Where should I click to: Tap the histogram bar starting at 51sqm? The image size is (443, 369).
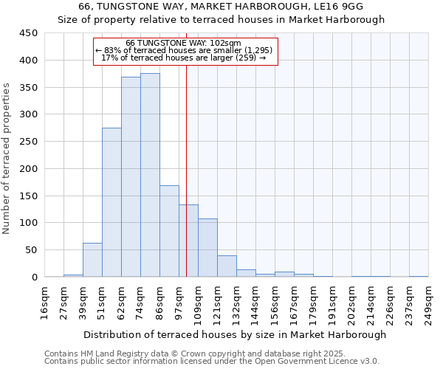point(111,202)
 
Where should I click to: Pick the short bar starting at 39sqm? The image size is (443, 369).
point(92,260)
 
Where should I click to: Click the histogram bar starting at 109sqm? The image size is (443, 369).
point(207,248)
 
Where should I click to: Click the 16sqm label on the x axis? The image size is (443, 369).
point(44,303)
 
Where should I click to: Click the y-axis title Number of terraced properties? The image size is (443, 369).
point(7,158)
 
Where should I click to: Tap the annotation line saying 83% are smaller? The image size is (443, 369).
point(185,50)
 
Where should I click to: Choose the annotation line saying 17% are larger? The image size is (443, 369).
point(185,58)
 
